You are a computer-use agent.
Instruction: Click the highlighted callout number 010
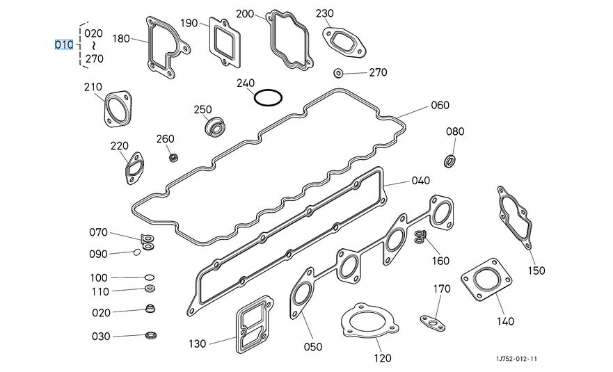pos(64,45)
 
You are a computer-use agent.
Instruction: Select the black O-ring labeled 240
pos(268,91)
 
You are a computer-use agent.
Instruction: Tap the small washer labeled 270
pos(339,73)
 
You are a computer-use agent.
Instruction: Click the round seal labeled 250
pos(216,127)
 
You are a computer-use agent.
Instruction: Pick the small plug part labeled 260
pos(173,158)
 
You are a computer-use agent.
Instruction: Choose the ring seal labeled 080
pos(450,161)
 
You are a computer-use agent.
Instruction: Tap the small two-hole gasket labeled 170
pos(433,323)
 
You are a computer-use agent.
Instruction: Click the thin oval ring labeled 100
pos(150,277)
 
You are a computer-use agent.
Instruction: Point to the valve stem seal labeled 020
pos(150,308)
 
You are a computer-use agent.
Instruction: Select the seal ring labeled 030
pos(151,335)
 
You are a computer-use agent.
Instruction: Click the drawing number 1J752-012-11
pos(517,359)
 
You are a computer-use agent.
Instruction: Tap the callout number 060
pos(440,105)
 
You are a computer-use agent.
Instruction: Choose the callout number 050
pos(313,346)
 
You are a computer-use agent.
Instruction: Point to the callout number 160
pos(440,261)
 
